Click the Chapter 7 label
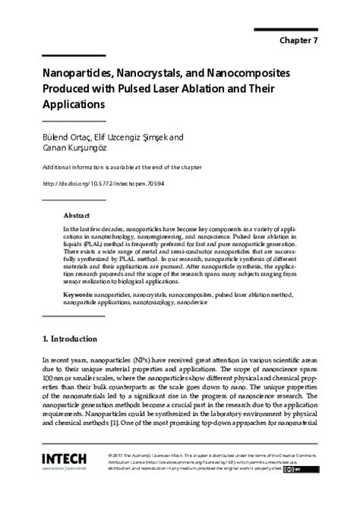[308, 40]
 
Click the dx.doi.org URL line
[104, 183]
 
